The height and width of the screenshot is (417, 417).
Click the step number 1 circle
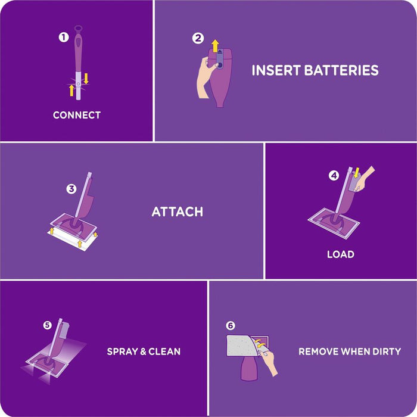pos(64,37)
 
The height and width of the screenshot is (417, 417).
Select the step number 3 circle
pos(71,189)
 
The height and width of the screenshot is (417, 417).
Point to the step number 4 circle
pos(334,175)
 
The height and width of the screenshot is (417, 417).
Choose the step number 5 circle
pos(48,325)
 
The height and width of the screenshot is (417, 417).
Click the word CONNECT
pos(77,115)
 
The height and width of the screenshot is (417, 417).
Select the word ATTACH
pos(177,211)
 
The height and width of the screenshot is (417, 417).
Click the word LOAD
pos(341,254)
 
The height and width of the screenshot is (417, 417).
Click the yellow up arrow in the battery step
pos(215,46)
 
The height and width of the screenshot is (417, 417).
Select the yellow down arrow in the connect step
pos(86,77)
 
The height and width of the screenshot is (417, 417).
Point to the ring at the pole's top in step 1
pos(78,29)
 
